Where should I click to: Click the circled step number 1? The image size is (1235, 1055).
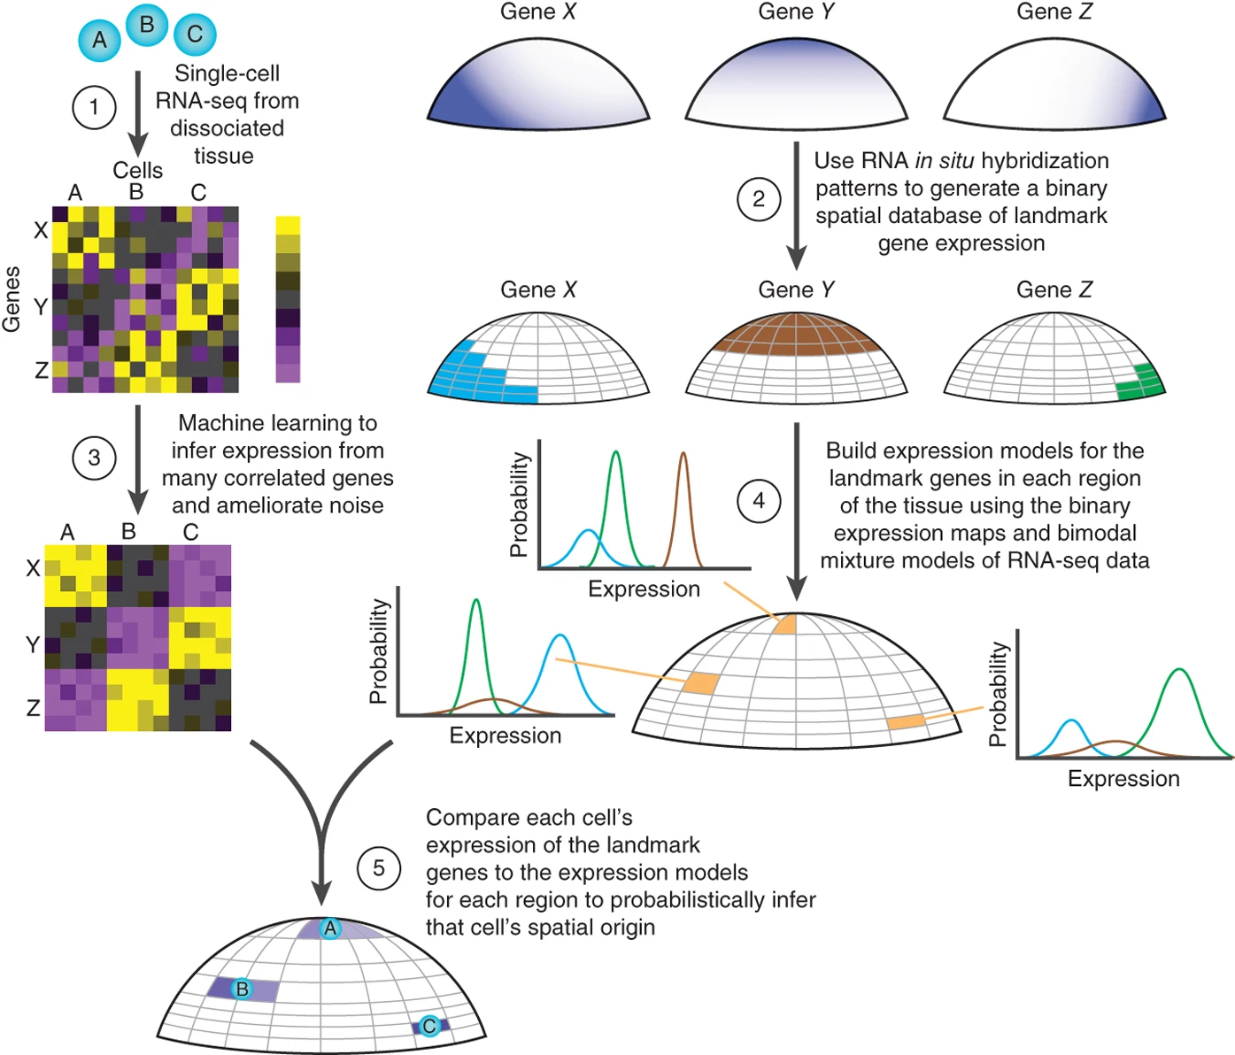94,108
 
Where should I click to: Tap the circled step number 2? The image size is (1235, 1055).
758,199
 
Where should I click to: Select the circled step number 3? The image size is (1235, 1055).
94,458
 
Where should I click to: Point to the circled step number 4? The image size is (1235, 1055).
758,501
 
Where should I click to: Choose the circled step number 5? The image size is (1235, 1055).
379,868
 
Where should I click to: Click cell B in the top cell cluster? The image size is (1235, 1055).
147,25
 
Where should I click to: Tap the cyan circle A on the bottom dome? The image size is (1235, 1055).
330,928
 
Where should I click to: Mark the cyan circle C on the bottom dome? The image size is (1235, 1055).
429,1026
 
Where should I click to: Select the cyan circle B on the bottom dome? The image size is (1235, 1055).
242,989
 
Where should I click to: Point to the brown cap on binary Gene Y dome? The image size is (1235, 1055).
796,335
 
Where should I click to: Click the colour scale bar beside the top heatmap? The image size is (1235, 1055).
288,299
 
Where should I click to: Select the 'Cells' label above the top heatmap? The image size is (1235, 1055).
137,170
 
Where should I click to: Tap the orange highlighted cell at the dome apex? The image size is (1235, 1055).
785,624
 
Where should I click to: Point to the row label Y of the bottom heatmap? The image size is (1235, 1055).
33,644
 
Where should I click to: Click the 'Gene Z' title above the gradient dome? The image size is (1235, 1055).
1054,12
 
